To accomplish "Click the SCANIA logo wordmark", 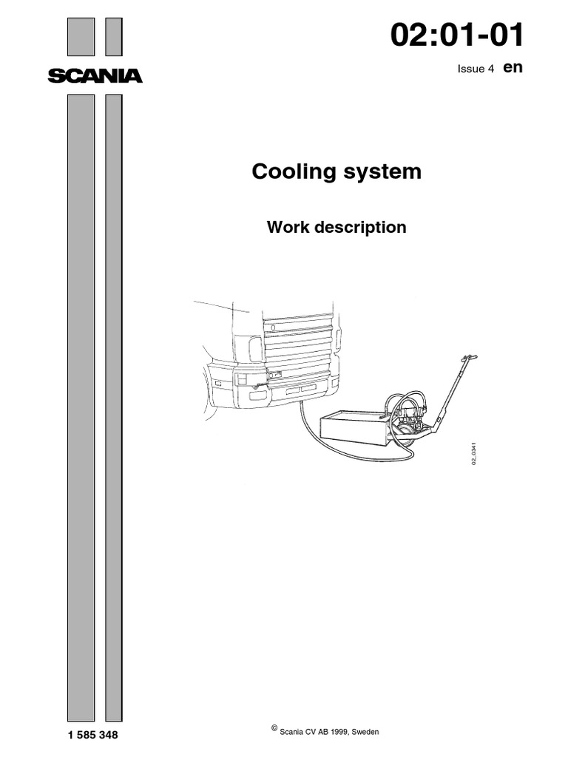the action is pyautogui.click(x=94, y=75).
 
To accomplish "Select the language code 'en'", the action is pyautogui.click(x=513, y=67).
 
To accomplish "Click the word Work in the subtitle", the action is pyautogui.click(x=285, y=227).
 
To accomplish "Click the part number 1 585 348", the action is pyautogui.click(x=92, y=736).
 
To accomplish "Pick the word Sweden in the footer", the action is pyautogui.click(x=365, y=731).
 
